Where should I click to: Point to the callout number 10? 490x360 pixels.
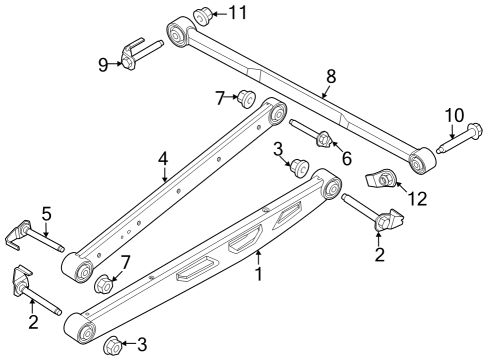click(453, 116)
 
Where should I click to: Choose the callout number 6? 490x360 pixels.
click(346, 158)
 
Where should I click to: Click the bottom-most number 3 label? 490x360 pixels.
click(141, 345)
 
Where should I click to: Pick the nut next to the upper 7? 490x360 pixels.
click(245, 99)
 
